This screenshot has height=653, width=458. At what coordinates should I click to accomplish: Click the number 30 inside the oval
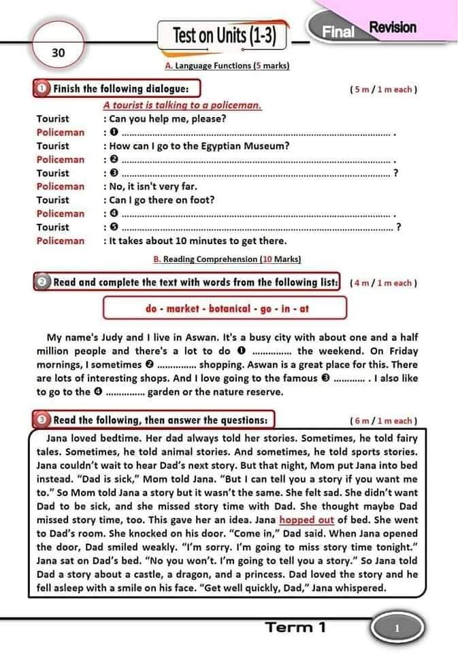tap(58, 52)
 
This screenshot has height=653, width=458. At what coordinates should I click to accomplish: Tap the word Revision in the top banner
tap(392, 27)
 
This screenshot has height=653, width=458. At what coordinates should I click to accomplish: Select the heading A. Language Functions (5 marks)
tap(227, 66)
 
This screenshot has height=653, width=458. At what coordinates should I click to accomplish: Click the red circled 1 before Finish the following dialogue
tap(42, 88)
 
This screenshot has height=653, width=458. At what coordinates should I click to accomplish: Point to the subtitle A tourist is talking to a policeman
tap(182, 105)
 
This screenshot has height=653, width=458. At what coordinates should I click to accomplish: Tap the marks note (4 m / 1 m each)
tap(383, 283)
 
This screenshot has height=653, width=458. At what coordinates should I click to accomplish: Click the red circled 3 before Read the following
tap(42, 420)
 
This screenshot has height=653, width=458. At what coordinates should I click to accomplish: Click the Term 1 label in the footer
tap(295, 627)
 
